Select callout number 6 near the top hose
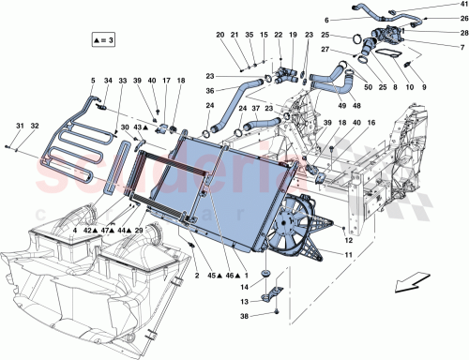point(326,19)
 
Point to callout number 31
point(19,127)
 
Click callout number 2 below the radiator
point(197,276)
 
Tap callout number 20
point(219,36)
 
